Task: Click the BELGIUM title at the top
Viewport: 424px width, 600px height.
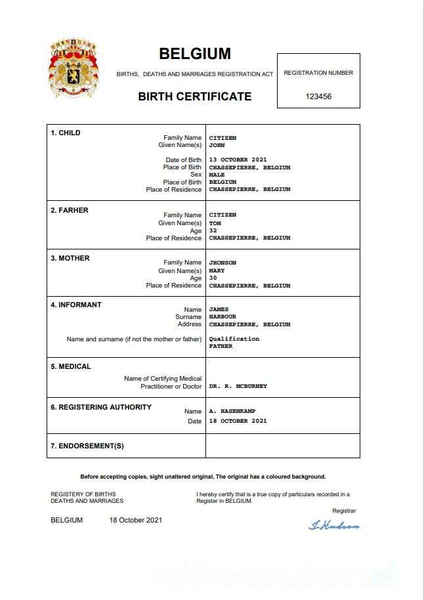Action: point(195,54)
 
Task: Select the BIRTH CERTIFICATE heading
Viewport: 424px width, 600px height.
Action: point(194,96)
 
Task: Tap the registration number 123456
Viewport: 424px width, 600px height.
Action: point(318,96)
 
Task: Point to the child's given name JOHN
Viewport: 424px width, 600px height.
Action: point(217,146)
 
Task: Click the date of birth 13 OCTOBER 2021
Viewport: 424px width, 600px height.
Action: point(238,160)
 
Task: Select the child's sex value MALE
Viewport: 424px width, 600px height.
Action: point(217,175)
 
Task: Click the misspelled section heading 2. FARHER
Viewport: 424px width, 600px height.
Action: point(70,210)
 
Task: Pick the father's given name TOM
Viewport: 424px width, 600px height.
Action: point(215,223)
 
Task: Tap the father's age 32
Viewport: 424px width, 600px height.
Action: point(213,230)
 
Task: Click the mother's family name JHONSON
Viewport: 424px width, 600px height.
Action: point(223,263)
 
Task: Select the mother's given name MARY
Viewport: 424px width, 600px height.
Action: point(217,270)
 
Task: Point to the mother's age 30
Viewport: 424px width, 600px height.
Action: point(213,278)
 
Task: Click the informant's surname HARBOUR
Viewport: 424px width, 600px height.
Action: point(223,317)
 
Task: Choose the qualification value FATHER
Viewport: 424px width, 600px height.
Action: point(221,346)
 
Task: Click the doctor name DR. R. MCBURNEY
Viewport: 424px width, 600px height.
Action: point(238,387)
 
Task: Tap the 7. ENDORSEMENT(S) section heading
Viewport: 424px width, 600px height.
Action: point(87,446)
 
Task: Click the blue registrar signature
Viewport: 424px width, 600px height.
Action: point(334,525)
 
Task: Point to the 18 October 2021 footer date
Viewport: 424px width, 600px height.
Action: point(135,521)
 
